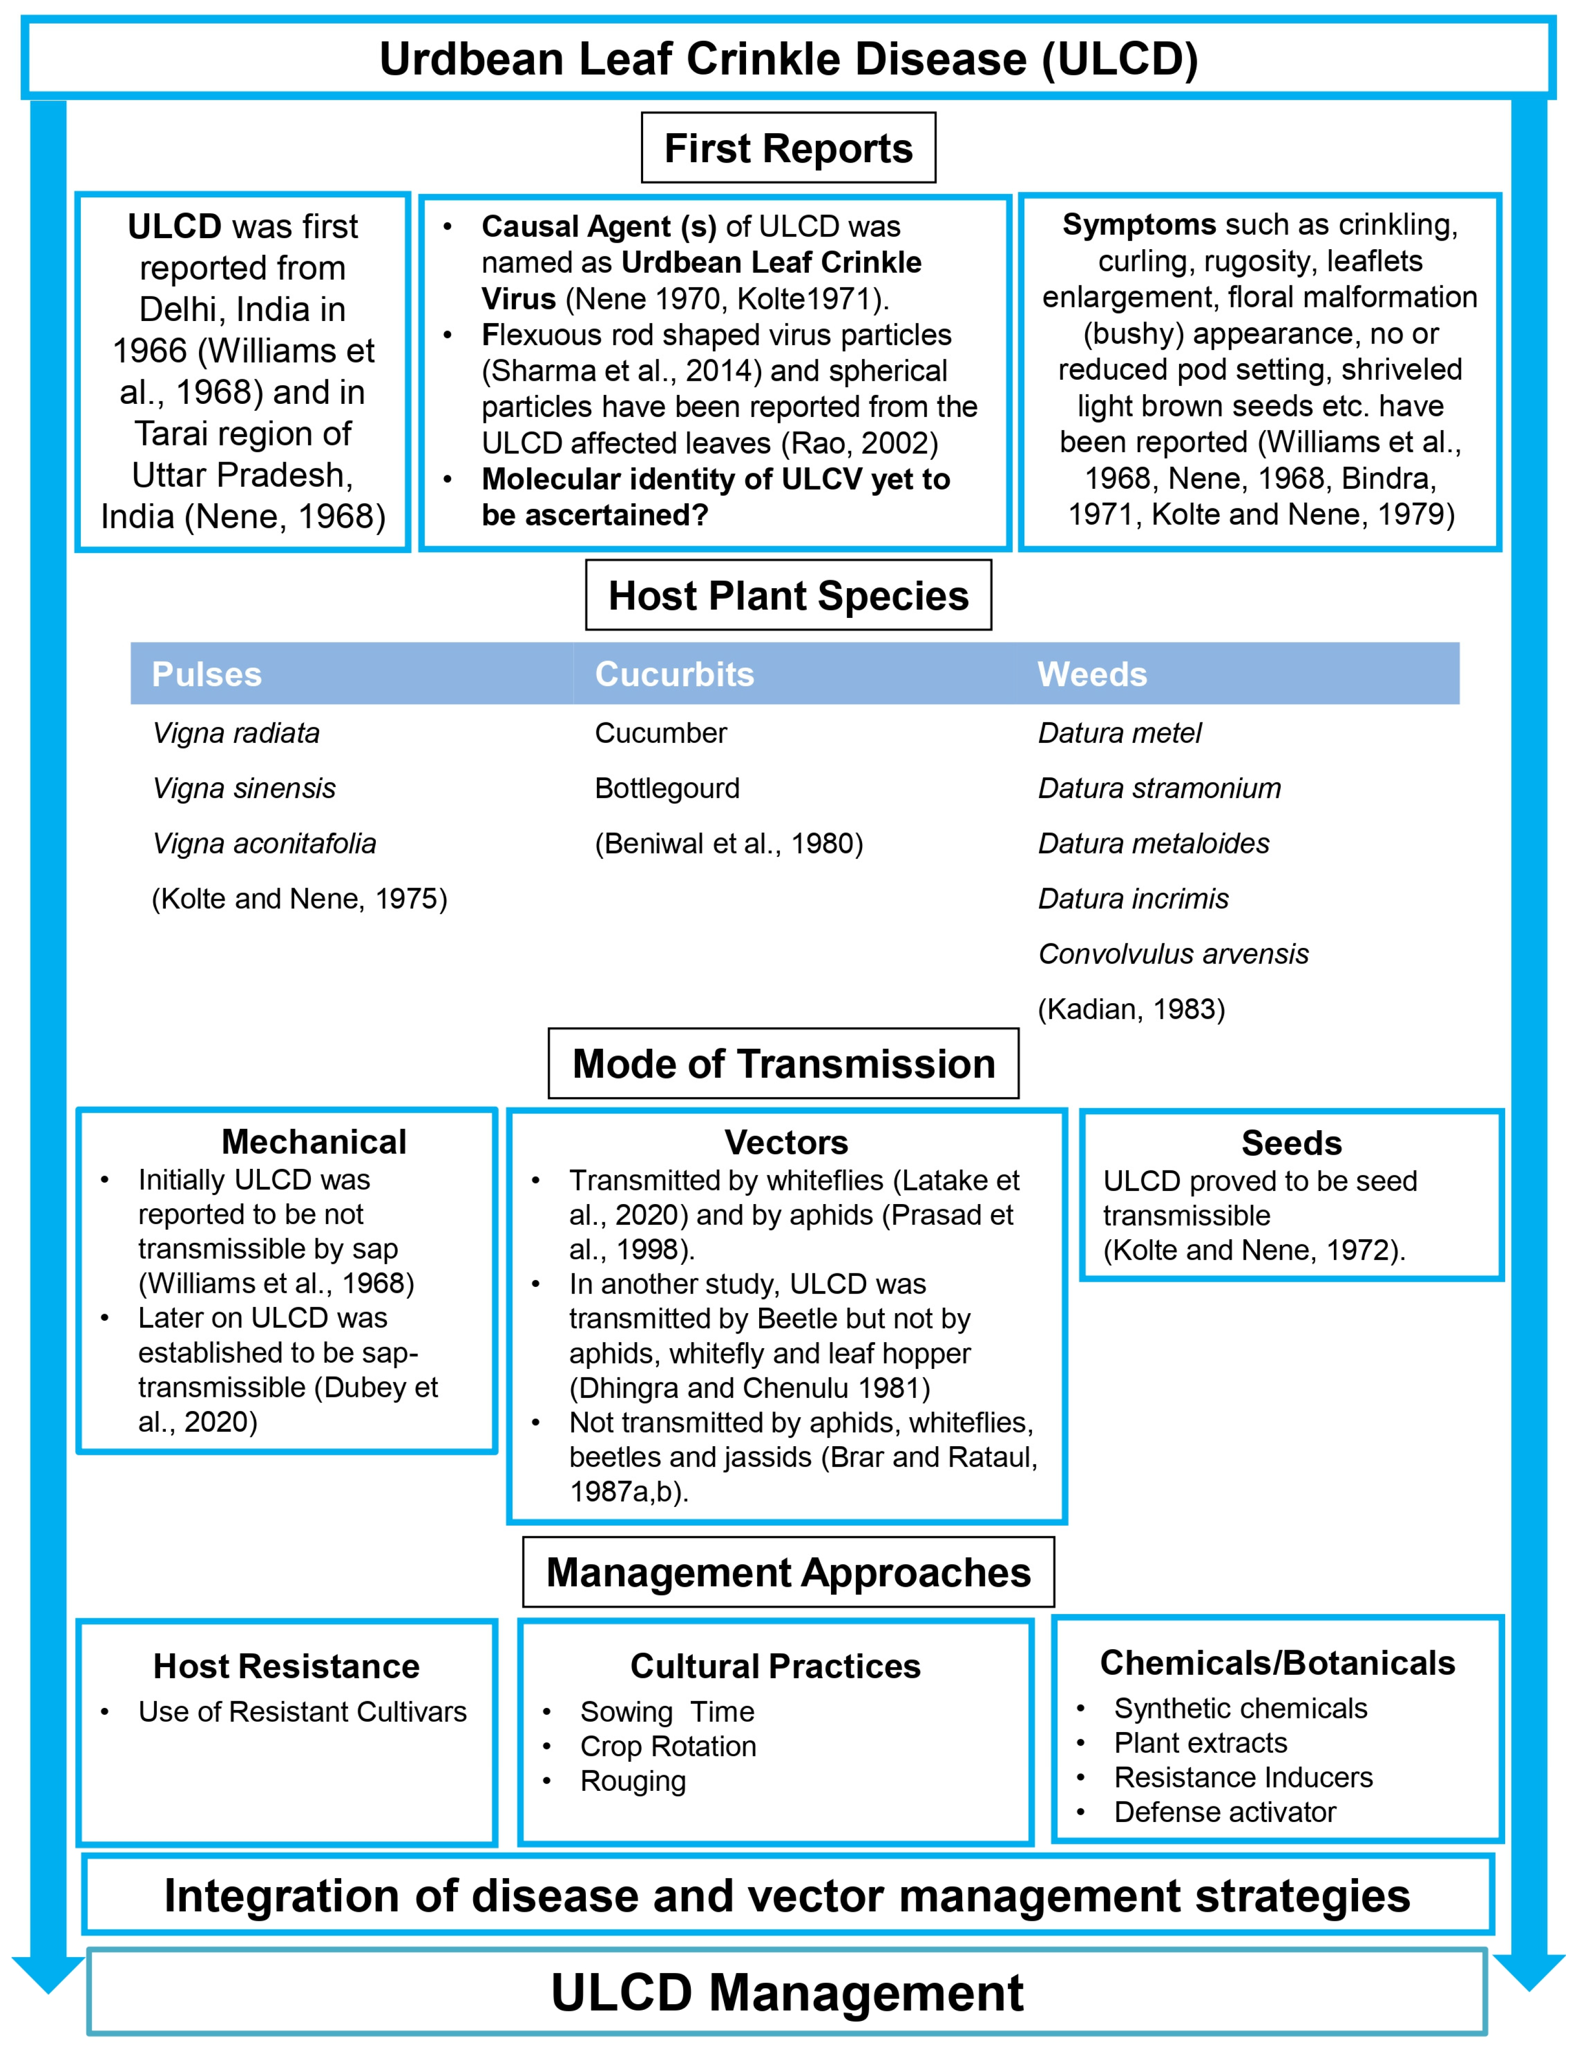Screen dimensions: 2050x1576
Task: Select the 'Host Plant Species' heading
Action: tap(788, 595)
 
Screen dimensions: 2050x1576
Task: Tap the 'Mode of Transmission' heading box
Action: tap(783, 1063)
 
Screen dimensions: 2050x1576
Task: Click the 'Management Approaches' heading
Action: tap(788, 1573)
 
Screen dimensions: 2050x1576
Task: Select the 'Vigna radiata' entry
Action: tap(237, 732)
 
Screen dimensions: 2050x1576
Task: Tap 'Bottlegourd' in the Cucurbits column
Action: tap(667, 788)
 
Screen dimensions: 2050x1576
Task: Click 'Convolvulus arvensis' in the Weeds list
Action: tap(1173, 954)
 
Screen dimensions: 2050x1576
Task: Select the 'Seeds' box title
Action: tap(1292, 1142)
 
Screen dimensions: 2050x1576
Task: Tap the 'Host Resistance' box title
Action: tap(286, 1666)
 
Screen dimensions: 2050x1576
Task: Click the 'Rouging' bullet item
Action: tap(633, 1781)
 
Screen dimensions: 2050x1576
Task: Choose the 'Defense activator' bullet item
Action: tap(1224, 1812)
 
